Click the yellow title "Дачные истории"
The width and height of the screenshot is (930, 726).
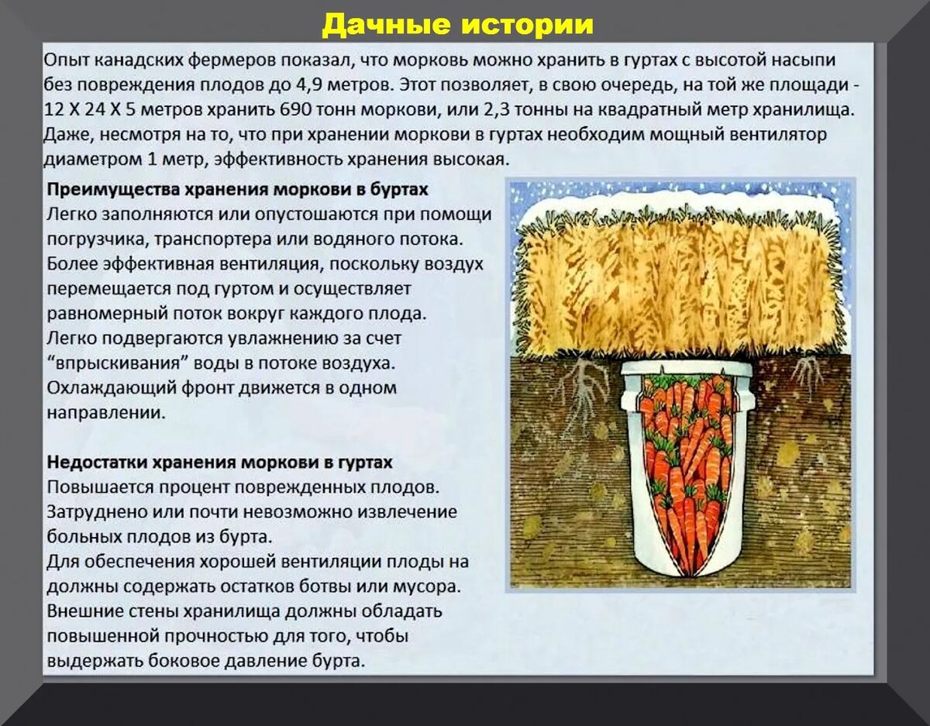pos(457,25)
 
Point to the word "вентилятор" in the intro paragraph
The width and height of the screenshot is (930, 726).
pos(784,135)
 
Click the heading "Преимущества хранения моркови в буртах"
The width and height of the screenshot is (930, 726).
pos(237,189)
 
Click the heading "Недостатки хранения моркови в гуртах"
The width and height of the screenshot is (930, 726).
pos(220,463)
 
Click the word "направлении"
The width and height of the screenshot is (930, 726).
pos(106,412)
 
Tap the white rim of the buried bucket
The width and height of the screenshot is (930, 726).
pos(686,367)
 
